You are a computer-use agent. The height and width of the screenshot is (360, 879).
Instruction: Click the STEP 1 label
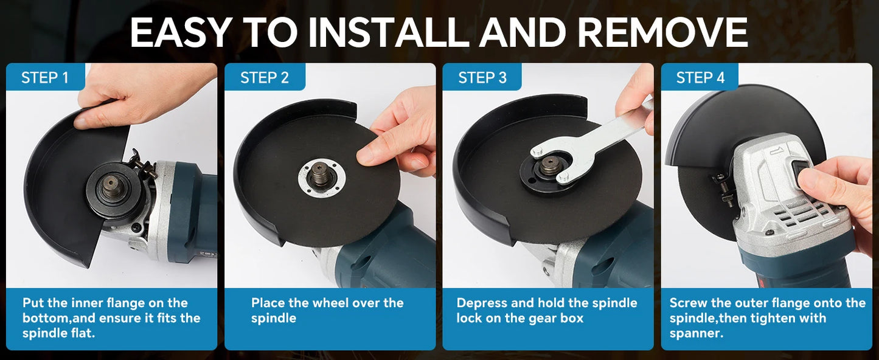pyautogui.click(x=45, y=78)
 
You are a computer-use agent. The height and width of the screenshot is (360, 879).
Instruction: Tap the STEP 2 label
pyautogui.click(x=265, y=78)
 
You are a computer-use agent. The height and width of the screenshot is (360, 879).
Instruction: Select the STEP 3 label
pyautogui.click(x=482, y=78)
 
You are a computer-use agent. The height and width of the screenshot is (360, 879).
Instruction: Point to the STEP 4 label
pyautogui.click(x=700, y=78)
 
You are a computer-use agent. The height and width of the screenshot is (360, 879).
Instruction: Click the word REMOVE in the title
pyautogui.click(x=662, y=32)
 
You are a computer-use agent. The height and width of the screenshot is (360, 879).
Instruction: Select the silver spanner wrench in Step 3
pyautogui.click(x=589, y=146)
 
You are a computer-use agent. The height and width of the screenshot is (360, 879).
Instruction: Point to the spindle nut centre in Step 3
pyautogui.click(x=550, y=164)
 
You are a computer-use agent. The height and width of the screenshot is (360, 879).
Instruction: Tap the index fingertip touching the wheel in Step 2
pyautogui.click(x=366, y=157)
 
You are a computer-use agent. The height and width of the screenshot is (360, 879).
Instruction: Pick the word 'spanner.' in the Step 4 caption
pyautogui.click(x=697, y=334)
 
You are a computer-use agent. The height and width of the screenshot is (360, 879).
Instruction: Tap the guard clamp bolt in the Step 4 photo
pyautogui.click(x=721, y=189)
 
